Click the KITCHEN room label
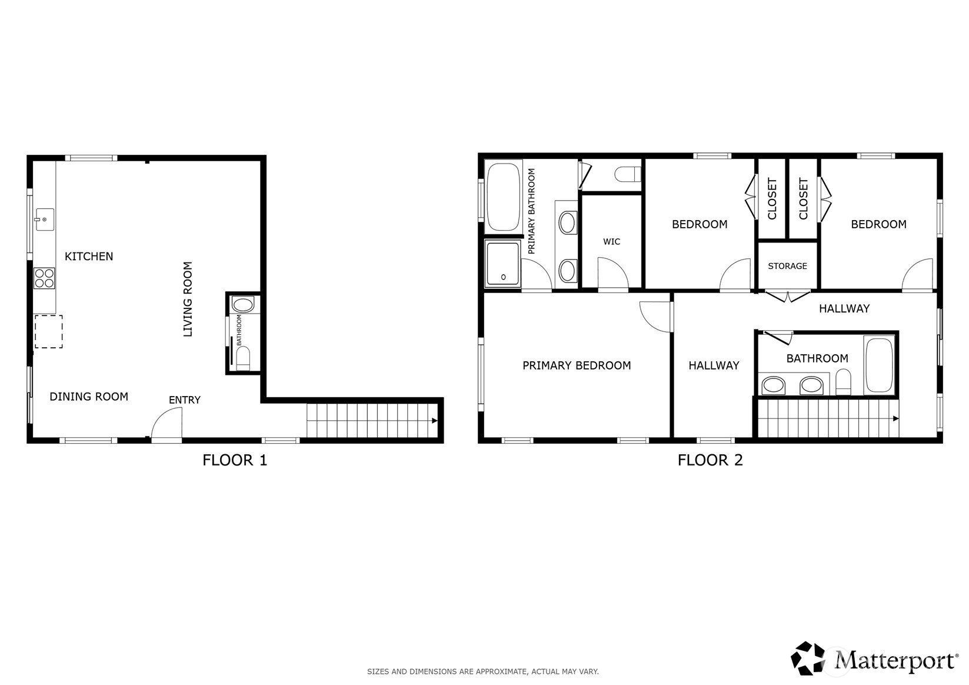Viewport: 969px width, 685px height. pyautogui.click(x=89, y=257)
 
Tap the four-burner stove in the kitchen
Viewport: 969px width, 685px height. pyautogui.click(x=44, y=278)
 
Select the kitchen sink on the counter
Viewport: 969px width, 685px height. pyautogui.click(x=45, y=219)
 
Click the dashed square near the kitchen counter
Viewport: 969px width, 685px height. pyautogui.click(x=48, y=331)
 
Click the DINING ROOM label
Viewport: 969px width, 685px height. pyautogui.click(x=89, y=397)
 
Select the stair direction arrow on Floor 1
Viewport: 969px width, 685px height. pyautogui.click(x=434, y=421)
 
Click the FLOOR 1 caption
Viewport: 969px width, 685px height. pyautogui.click(x=235, y=460)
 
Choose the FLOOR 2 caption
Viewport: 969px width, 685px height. pyautogui.click(x=710, y=460)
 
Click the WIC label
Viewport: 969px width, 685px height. pyautogui.click(x=612, y=242)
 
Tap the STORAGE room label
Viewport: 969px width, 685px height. pyautogui.click(x=787, y=266)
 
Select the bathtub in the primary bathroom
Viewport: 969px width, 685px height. pyautogui.click(x=503, y=197)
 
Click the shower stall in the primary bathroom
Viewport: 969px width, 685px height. pyautogui.click(x=502, y=264)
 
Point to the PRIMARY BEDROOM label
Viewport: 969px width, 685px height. pyautogui.click(x=577, y=365)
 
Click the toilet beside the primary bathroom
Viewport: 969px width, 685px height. pyautogui.click(x=628, y=175)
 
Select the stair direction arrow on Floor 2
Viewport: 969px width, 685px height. pyautogui.click(x=896, y=418)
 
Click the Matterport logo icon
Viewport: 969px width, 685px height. pyautogui.click(x=808, y=658)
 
